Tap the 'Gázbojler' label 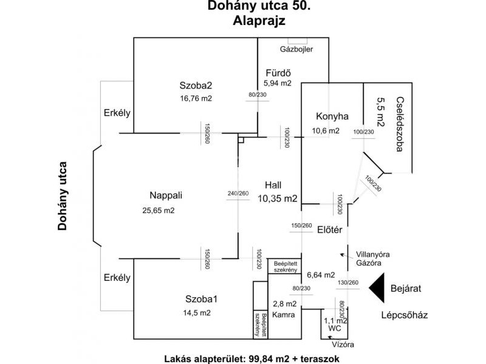tap(295, 49)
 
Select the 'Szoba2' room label tap(195, 86)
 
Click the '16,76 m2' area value tap(195, 98)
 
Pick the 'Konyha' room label tap(332, 116)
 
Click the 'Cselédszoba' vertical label tap(399, 124)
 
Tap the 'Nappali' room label tap(166, 195)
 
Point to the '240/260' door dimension tap(238, 194)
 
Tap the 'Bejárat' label tap(406, 288)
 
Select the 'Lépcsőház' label tap(405, 314)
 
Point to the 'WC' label tap(335, 328)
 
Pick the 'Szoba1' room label tap(201, 298)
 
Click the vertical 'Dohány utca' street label tap(61, 196)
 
